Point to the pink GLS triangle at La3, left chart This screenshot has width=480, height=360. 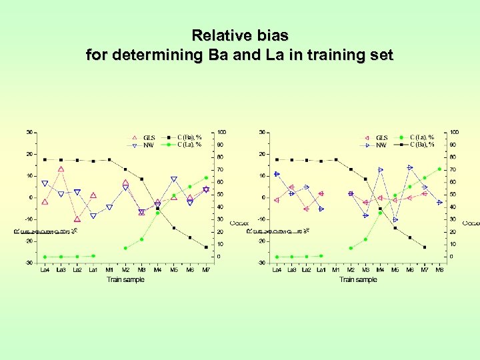61,169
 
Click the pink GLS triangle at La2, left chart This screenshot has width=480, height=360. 77,219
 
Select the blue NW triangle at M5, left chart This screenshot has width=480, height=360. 174,179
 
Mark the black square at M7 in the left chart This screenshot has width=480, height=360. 206,247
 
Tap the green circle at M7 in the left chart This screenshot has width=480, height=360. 206,178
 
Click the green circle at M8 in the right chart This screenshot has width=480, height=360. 439,169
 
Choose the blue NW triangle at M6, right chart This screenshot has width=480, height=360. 410,167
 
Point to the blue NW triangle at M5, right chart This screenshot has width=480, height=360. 395,219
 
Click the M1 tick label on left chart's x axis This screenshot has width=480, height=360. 109,270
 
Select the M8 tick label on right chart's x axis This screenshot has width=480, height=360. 439,270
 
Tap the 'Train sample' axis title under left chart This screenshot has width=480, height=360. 125,279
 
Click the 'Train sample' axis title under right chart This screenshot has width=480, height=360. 358,279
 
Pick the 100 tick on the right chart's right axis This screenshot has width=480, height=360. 454,132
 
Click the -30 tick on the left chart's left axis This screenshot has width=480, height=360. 30,263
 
